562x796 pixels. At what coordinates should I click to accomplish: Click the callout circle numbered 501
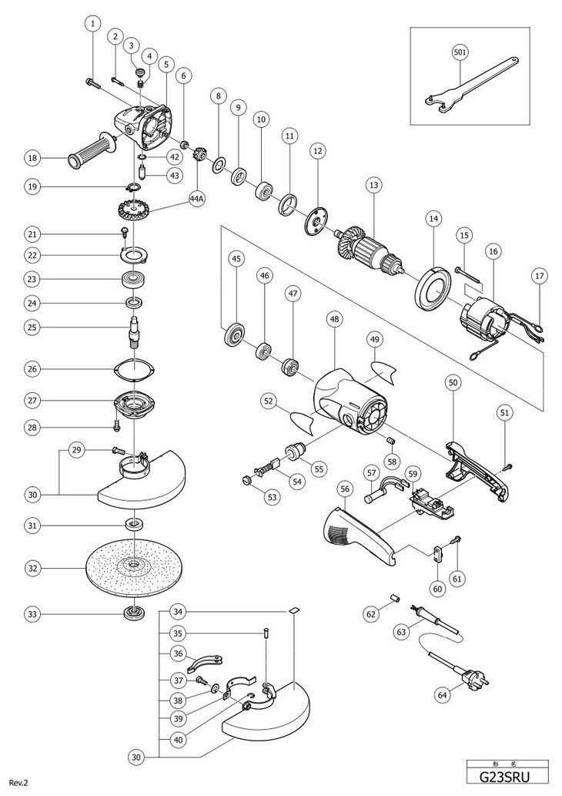pyautogui.click(x=460, y=53)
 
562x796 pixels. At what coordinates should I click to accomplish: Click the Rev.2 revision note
pyautogui.click(x=18, y=783)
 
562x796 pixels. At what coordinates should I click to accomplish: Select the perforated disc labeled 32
pyautogui.click(x=133, y=569)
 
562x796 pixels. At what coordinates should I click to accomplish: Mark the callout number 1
pyautogui.click(x=92, y=24)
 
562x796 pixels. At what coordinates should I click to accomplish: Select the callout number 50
pyautogui.click(x=452, y=382)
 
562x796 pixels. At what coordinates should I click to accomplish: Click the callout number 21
pyautogui.click(x=32, y=233)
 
